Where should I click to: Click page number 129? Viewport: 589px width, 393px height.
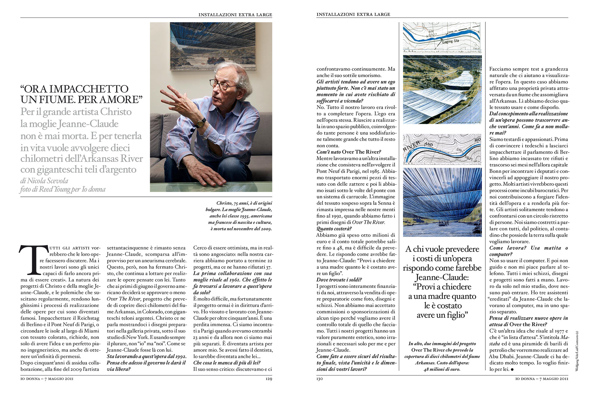click(x=269, y=379)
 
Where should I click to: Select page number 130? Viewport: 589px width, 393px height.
click(x=320, y=379)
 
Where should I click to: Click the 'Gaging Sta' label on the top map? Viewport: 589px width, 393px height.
click(x=450, y=41)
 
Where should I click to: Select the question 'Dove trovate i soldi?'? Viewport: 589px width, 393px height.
click(x=339, y=280)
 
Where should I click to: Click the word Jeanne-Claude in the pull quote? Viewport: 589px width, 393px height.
click(x=442, y=277)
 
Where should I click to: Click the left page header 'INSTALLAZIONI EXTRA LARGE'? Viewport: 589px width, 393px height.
click(x=235, y=14)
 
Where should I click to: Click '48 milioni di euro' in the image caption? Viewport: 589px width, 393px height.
click(x=442, y=369)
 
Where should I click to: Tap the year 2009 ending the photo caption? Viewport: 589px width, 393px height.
click(x=265, y=229)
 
